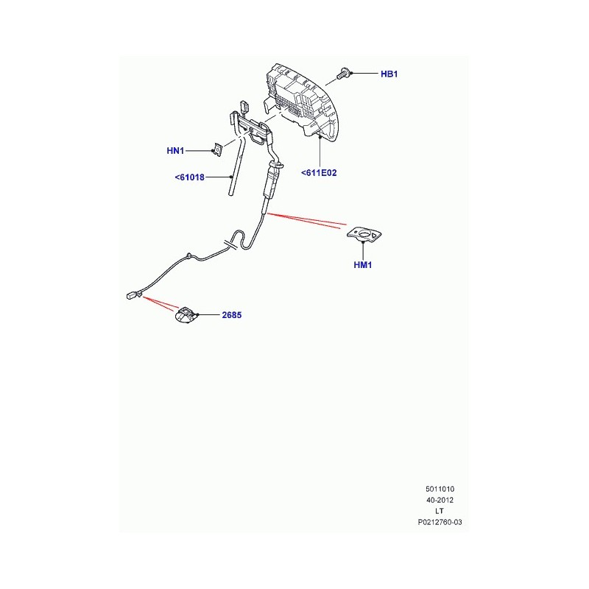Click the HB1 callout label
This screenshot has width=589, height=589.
[x=389, y=74]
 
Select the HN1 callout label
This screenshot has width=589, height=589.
[x=175, y=151]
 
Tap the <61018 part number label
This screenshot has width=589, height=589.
[x=190, y=177]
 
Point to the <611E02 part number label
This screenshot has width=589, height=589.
[x=319, y=173]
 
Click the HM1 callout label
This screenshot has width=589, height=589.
[x=363, y=265]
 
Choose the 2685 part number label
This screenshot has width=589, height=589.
[x=232, y=315]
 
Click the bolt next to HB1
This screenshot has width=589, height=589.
[x=343, y=73]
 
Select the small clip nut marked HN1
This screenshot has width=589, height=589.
[x=217, y=149]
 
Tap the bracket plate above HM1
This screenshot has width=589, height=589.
[x=364, y=235]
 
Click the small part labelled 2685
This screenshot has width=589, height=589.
[x=186, y=315]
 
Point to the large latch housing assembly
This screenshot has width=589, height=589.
[x=303, y=102]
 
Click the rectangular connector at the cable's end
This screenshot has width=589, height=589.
[x=132, y=296]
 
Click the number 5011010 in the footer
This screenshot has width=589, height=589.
[x=440, y=489]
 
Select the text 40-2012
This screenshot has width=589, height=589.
[x=440, y=501]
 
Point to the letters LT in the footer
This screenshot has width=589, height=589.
[x=440, y=511]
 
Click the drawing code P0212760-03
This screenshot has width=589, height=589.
[x=440, y=522]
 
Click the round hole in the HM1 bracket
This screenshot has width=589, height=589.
[x=364, y=234]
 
